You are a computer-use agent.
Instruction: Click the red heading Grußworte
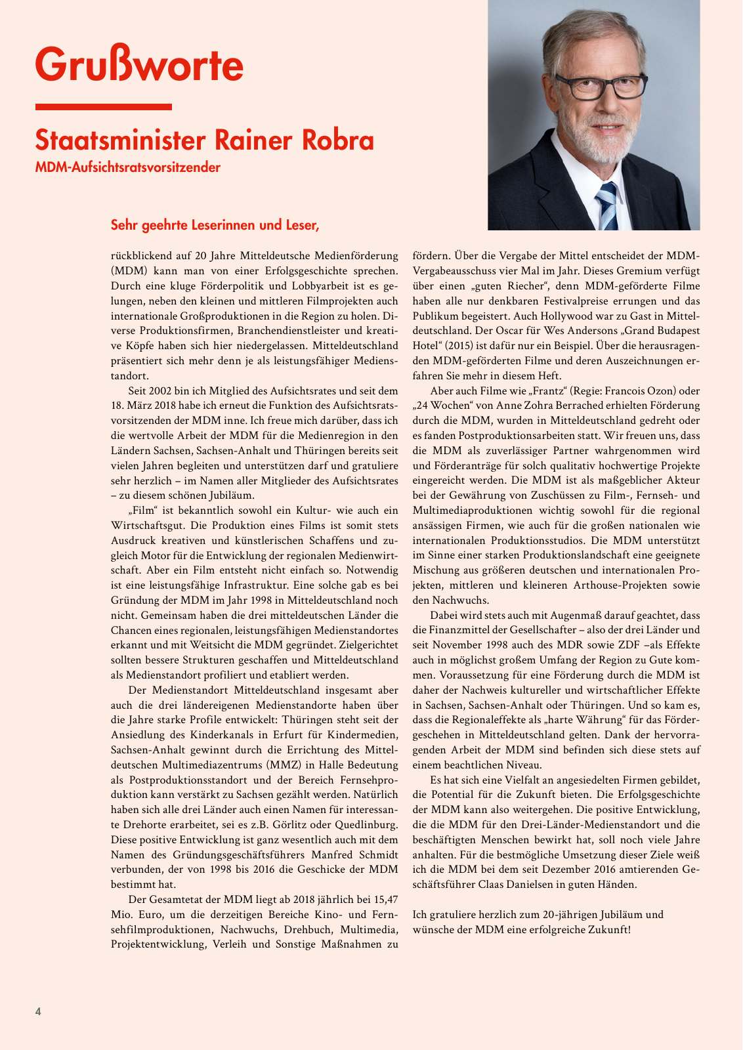click(x=139, y=64)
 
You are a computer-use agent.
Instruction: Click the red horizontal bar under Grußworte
click(x=104, y=107)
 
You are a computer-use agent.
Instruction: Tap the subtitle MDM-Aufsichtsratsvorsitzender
click(x=128, y=167)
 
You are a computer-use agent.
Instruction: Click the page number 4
click(x=38, y=1011)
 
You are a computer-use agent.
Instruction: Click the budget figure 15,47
click(x=381, y=898)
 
